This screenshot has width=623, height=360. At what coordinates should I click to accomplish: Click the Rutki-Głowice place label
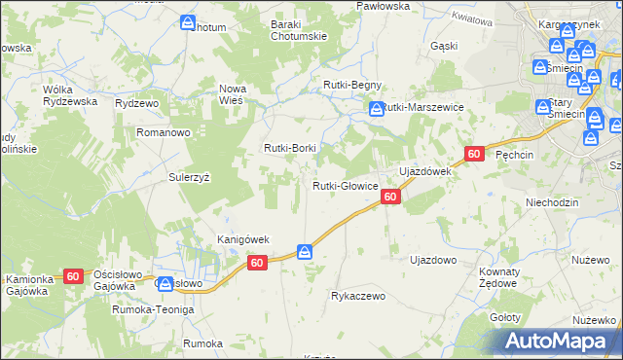pyautogui.click(x=345, y=186)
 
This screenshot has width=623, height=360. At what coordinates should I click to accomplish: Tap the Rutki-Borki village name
pyautogui.click(x=288, y=148)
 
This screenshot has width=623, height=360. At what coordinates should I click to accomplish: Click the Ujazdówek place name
pyautogui.click(x=423, y=171)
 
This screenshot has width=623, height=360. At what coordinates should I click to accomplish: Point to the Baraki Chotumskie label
pyautogui.click(x=298, y=31)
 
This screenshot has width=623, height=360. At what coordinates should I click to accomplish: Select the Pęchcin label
pyautogui.click(x=515, y=155)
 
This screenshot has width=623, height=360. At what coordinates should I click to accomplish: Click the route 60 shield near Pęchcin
pyautogui.click(x=474, y=154)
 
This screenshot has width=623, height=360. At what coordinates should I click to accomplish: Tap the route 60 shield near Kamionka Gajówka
pyautogui.click(x=73, y=276)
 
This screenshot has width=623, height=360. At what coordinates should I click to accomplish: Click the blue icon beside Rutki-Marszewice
pyautogui.click(x=375, y=110)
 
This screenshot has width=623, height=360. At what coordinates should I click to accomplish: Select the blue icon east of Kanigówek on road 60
pyautogui.click(x=305, y=253)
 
